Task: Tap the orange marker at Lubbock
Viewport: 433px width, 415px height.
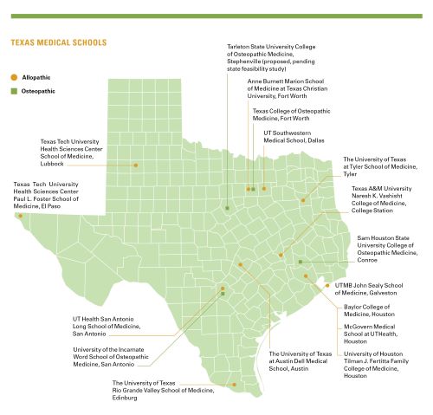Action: tap(135, 165)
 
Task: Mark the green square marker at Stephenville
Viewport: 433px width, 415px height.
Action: tap(228, 208)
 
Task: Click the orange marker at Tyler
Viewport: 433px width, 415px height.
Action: tap(304, 200)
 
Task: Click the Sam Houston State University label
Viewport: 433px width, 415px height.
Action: tap(389, 244)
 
